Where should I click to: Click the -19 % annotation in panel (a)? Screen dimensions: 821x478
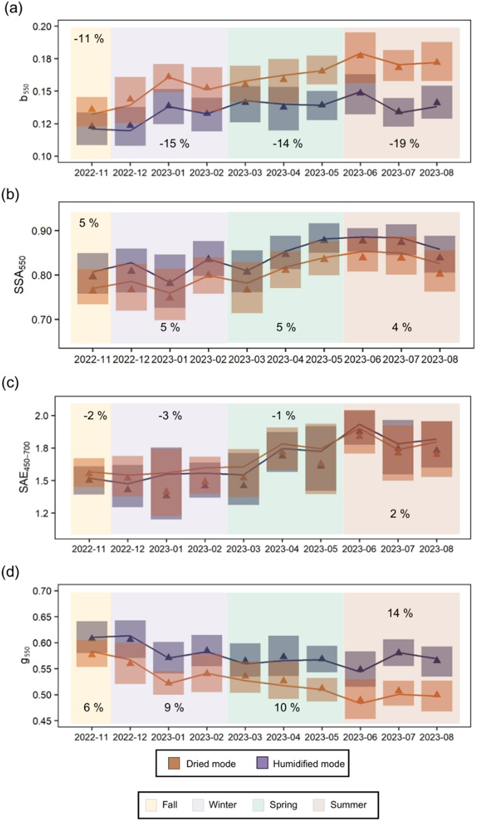(x=403, y=144)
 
